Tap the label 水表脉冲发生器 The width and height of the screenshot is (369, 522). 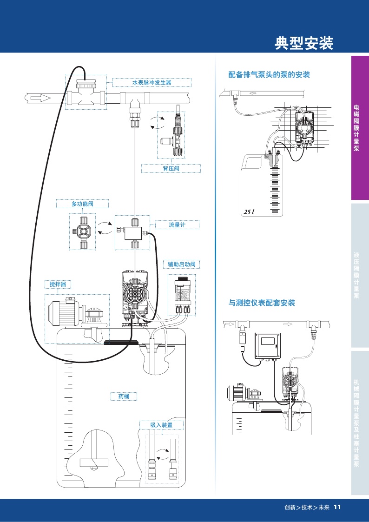coord(152,82)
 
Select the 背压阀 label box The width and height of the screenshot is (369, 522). coord(171,169)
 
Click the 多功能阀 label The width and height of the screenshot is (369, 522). coord(83,204)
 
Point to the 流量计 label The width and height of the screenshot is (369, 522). coord(177,225)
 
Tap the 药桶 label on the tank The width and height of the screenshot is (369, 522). coord(124,396)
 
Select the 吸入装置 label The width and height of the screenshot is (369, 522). coord(161,425)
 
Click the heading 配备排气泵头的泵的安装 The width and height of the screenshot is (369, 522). coord(269,74)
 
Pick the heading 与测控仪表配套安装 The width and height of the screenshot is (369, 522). coord(262,303)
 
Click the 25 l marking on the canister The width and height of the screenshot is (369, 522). coord(248,212)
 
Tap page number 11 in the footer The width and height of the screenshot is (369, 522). coord(337,507)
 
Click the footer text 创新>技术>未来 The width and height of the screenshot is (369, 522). coord(307,507)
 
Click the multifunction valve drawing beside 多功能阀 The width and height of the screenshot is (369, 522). coord(83,231)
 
